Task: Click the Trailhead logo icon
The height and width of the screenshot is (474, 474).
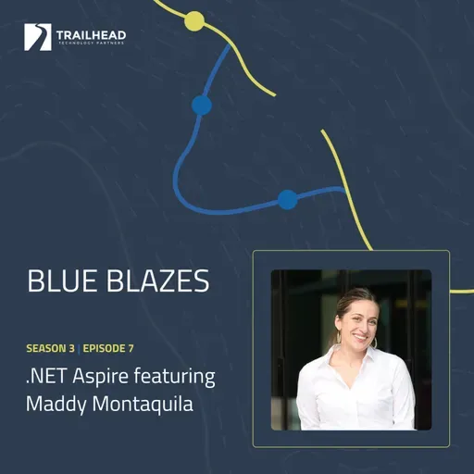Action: pyautogui.click(x=38, y=38)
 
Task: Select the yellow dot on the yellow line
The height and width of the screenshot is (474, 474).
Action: pyautogui.click(x=194, y=21)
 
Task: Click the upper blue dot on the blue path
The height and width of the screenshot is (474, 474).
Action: pyautogui.click(x=202, y=105)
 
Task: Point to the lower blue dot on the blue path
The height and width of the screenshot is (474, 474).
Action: pyautogui.click(x=287, y=198)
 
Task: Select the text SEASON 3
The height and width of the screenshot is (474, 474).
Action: pyautogui.click(x=51, y=349)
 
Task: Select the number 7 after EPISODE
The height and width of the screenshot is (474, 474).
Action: pyautogui.click(x=131, y=349)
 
